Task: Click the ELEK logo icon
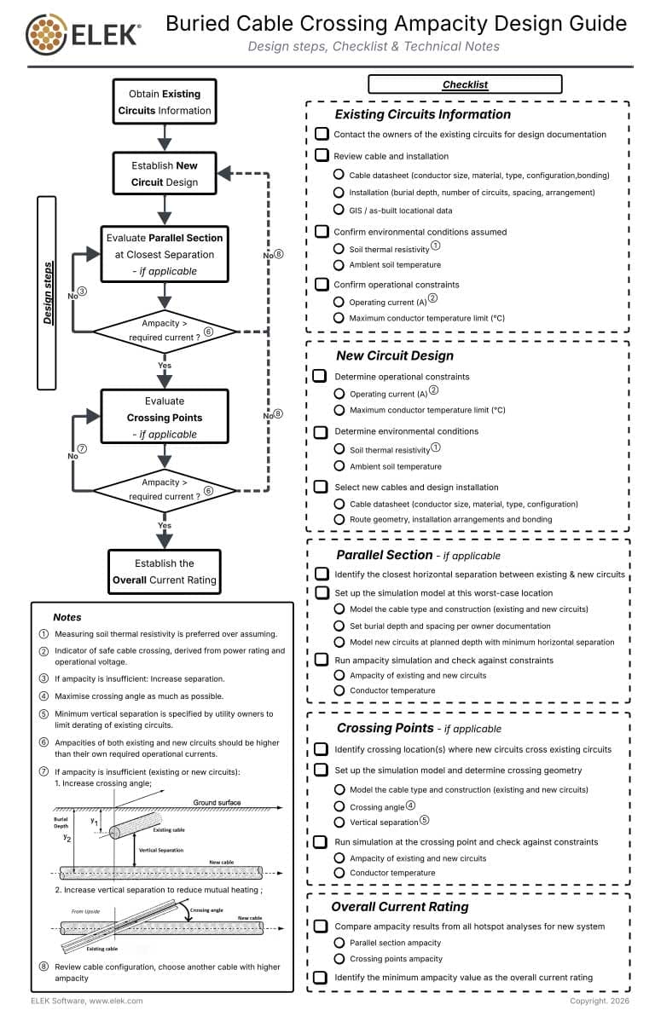click(47, 34)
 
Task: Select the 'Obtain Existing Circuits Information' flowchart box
click(165, 101)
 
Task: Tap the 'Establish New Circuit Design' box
click(165, 173)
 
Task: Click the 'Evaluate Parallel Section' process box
click(165, 254)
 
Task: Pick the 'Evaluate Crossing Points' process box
click(165, 417)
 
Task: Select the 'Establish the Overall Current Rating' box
click(165, 572)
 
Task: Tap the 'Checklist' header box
click(465, 84)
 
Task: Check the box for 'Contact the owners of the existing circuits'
click(322, 134)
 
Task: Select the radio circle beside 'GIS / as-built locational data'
click(339, 210)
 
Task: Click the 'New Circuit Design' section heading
click(395, 355)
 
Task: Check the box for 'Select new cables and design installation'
click(321, 487)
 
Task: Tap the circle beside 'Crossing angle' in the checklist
click(339, 806)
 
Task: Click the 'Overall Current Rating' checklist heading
click(400, 906)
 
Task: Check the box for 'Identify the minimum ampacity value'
click(321, 978)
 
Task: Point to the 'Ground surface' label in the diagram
click(217, 802)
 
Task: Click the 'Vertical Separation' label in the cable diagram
click(160, 850)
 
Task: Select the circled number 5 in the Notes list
click(44, 714)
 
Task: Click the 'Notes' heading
click(67, 616)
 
